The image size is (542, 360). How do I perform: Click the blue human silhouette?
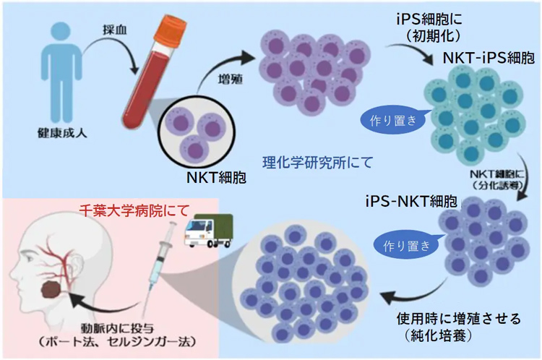tap(55, 72)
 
